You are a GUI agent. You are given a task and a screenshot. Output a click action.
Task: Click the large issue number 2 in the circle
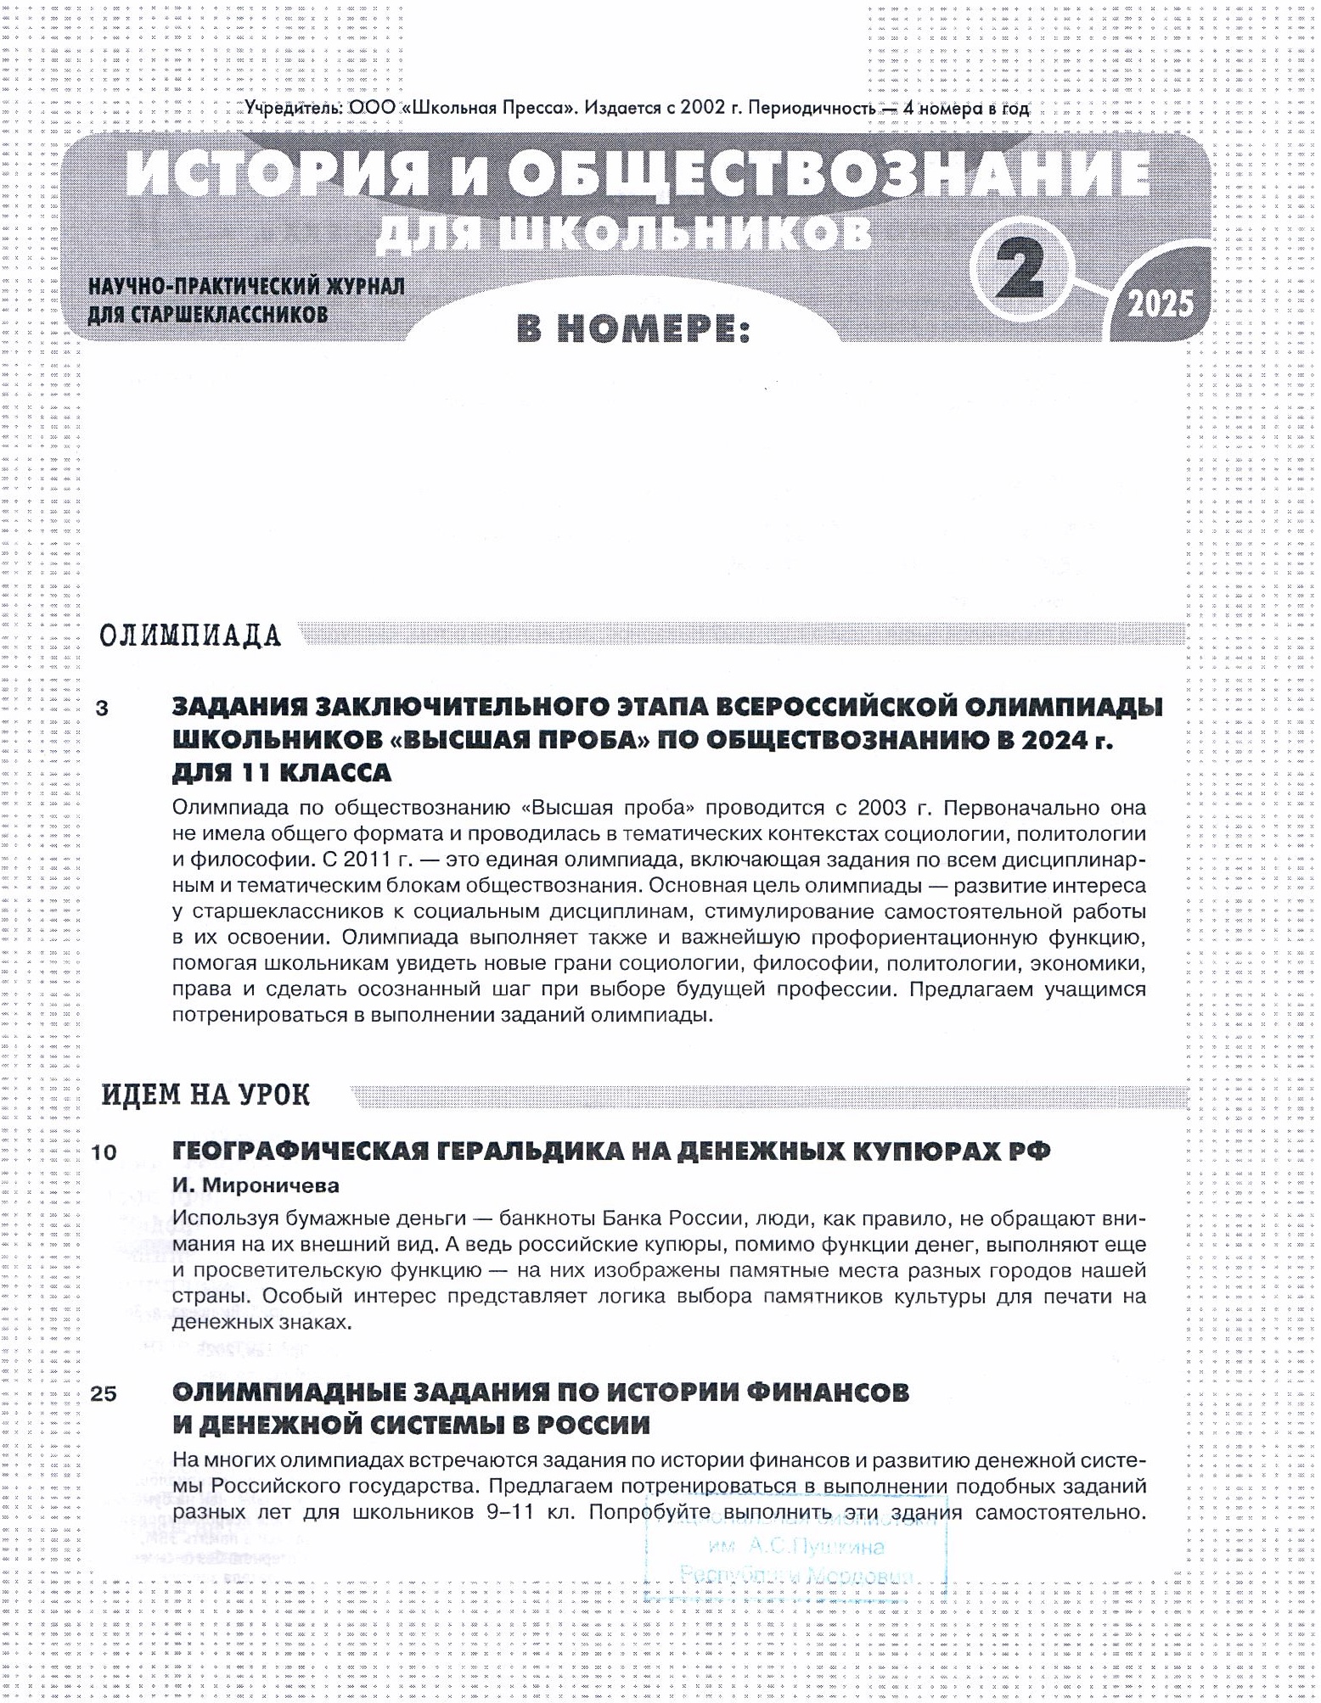(1020, 270)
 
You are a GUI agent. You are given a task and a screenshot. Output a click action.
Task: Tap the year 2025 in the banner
(1160, 303)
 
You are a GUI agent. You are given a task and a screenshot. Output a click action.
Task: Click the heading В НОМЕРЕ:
(633, 329)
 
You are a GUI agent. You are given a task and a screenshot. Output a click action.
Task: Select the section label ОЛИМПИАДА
(189, 636)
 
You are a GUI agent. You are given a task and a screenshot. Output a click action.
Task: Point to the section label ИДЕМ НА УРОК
(205, 1095)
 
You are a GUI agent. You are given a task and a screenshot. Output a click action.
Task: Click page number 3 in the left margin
(103, 708)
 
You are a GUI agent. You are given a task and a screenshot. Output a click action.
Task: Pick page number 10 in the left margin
(104, 1152)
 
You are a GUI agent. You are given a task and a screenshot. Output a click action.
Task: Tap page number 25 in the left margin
(104, 1393)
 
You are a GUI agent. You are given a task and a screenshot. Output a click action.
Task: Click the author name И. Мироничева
(256, 1185)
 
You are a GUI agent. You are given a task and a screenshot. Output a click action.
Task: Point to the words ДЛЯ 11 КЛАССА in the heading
(282, 772)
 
